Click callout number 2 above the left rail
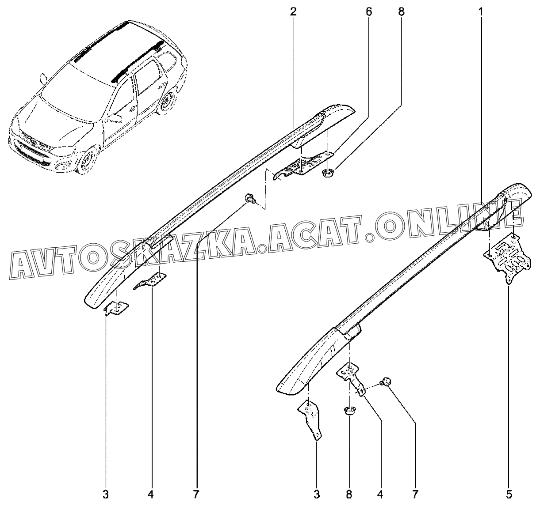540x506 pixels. (293, 12)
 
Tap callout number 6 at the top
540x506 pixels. (369, 12)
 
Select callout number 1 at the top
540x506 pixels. (481, 12)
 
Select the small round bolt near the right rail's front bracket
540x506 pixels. (387, 381)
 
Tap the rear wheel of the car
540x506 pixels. (167, 102)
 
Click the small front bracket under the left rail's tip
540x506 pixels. (116, 309)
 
